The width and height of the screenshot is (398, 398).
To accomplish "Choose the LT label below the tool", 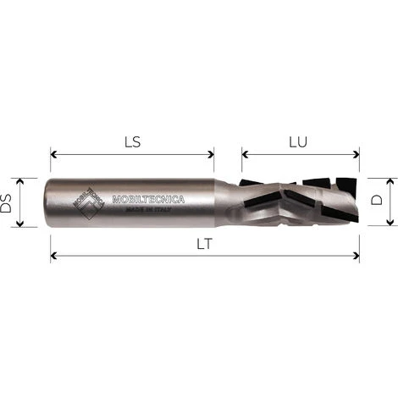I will [x=203, y=243].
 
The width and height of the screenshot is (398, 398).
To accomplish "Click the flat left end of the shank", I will [x=52, y=203].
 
